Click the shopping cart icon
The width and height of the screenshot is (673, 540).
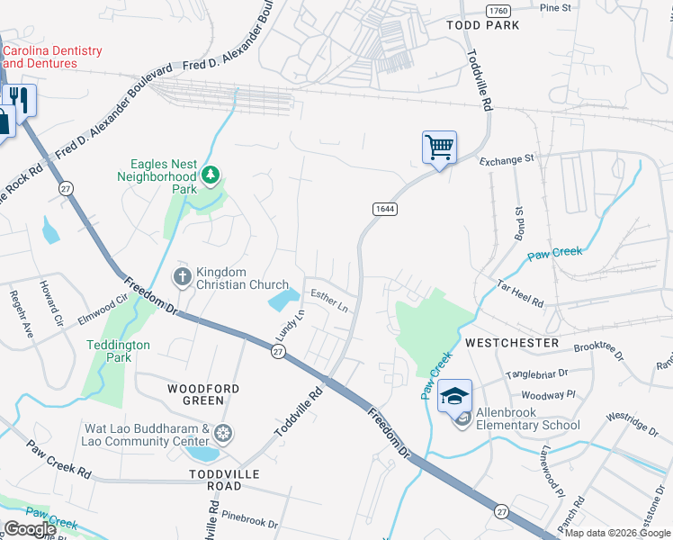tap(439, 147)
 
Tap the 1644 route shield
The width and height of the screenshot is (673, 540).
tap(384, 208)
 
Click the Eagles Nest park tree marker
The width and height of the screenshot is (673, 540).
tap(211, 174)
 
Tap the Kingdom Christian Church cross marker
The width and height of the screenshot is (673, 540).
tap(182, 275)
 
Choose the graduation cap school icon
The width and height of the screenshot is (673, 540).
tap(454, 395)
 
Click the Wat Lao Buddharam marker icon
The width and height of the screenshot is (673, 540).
tap(222, 435)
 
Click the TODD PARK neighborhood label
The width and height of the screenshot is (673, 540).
tap(483, 26)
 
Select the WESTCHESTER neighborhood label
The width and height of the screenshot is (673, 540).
tap(512, 344)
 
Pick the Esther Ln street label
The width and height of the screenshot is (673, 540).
tap(329, 301)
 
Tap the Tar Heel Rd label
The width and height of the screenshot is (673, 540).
tap(519, 292)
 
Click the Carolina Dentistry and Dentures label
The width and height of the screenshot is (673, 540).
tap(52, 57)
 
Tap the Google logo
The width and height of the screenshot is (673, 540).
tap(30, 529)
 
